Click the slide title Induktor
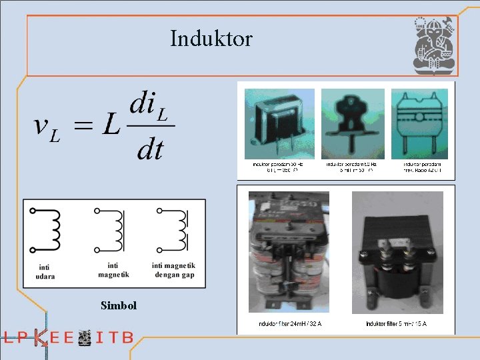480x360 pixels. (211, 39)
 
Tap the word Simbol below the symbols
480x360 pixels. (119, 305)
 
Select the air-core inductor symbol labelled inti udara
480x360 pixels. (46, 231)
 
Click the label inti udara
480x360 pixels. (46, 272)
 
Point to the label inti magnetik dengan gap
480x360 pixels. (173, 270)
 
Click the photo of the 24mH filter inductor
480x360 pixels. (289, 252)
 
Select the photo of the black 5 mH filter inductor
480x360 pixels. (397, 252)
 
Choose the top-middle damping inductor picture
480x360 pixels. (353, 124)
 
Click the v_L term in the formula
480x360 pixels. (47, 128)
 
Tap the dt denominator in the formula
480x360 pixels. (149, 149)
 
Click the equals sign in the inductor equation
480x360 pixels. (83, 127)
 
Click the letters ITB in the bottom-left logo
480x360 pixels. (114, 337)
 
